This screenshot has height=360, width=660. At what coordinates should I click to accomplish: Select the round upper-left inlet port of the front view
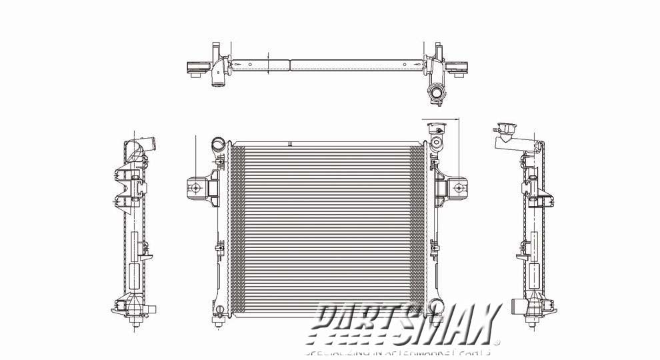[x=217, y=143]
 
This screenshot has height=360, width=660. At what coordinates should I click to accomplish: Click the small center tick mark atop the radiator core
[x=290, y=142]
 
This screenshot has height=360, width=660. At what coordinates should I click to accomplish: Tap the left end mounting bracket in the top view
[x=197, y=67]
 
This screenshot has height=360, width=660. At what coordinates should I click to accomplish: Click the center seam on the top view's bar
[x=290, y=65]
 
